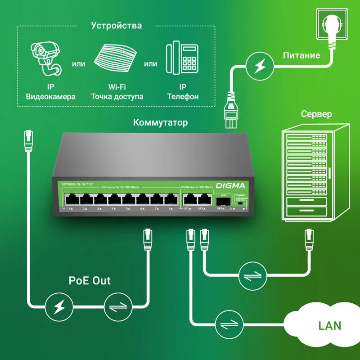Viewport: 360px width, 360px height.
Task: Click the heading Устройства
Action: point(116,26)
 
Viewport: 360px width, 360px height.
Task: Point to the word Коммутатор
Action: point(161,123)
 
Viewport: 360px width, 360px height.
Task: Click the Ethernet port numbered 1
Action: point(71,199)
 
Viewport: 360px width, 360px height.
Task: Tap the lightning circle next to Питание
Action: point(260,66)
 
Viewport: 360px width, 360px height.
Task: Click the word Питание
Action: point(301,56)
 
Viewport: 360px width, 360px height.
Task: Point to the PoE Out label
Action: point(90,281)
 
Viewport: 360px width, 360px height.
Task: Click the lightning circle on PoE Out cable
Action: point(58,307)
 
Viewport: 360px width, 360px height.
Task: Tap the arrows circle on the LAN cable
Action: point(228,324)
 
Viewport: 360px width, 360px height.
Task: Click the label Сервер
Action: point(316,114)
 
